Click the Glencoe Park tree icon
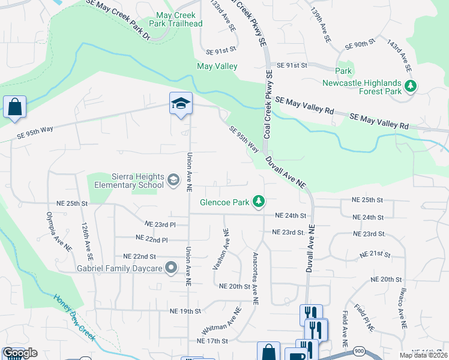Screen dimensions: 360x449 coord(259,202)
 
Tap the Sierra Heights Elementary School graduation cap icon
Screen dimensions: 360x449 coord(173,180)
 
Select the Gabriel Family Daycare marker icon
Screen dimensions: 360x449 coord(172,268)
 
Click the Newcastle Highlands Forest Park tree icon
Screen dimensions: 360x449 coord(411,87)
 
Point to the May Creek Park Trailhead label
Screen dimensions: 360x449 coord(179,19)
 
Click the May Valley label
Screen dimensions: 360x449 coord(217,67)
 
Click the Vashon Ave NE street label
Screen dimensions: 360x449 coord(220,248)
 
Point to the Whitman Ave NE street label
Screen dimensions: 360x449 coord(221,321)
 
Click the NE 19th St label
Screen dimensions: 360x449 coord(185,311)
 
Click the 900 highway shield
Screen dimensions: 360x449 coord(359,350)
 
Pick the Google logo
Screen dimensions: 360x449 coord(20,353)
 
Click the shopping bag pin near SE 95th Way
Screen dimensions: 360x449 coord(14,107)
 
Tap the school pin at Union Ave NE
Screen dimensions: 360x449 coord(180,104)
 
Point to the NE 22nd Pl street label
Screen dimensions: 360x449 coord(152,239)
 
